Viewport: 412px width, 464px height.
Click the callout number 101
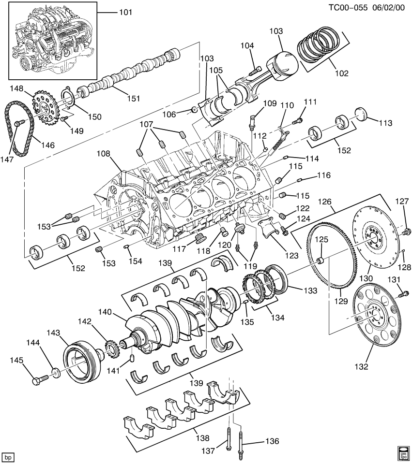click(125, 12)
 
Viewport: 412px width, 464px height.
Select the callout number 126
click(325, 201)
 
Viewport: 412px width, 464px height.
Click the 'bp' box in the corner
click(7, 456)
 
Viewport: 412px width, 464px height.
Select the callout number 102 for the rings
click(342, 73)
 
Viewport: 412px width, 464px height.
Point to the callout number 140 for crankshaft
click(106, 313)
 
